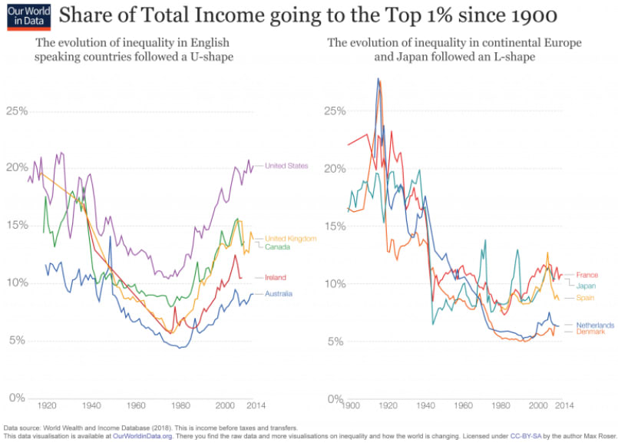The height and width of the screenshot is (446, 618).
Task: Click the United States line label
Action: pos(286,166)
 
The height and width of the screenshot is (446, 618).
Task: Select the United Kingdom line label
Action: pos(290,239)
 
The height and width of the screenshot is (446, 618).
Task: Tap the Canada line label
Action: pos(278,247)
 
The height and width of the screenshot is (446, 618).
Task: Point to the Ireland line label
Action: pos(275,277)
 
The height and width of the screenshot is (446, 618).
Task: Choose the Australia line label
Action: pos(281,294)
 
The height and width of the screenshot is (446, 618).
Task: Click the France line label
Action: pos(587,275)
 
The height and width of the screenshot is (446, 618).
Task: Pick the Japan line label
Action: pos(587,286)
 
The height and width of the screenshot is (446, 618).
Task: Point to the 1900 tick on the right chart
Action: pos(352,405)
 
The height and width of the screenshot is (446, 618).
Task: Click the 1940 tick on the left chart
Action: pos(92,405)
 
